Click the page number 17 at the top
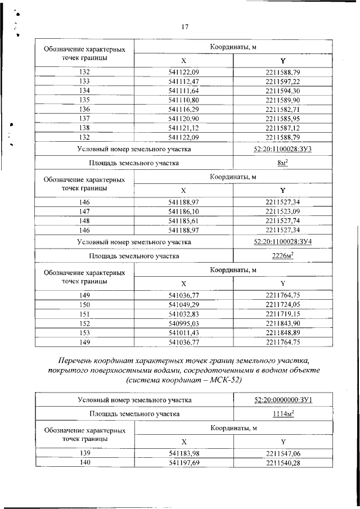[x=184, y=26]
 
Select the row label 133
[x=84, y=82]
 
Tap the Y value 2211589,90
[x=283, y=100]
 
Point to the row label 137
[x=84, y=118]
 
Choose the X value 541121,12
[x=184, y=127]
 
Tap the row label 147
[x=84, y=211]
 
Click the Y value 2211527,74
[x=283, y=220]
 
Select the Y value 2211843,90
[x=283, y=323]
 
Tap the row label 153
[x=84, y=332]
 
